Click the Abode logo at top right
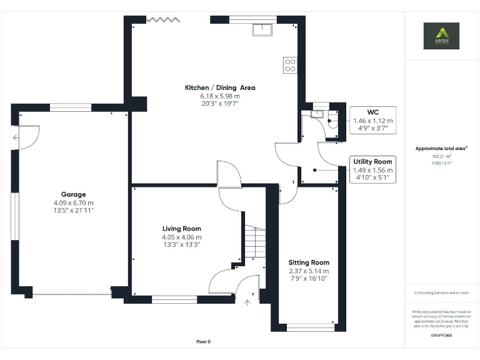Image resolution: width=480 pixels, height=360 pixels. (x=441, y=36)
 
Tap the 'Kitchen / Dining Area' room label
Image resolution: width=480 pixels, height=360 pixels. (x=220, y=87)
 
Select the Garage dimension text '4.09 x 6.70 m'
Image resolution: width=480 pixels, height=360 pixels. (x=74, y=202)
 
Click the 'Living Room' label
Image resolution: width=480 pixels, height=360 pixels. (x=182, y=229)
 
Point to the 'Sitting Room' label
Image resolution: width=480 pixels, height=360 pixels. (x=309, y=262)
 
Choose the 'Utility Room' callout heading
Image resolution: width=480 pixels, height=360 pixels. (x=372, y=161)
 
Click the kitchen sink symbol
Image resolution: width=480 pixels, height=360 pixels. (x=261, y=29)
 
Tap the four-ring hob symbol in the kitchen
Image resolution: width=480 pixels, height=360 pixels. (x=289, y=65)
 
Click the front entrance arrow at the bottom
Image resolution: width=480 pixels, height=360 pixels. (x=247, y=304)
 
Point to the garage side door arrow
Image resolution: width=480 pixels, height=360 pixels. (x=16, y=138)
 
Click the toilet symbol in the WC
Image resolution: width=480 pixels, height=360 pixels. (x=332, y=122)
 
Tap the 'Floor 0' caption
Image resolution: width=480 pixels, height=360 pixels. (x=203, y=342)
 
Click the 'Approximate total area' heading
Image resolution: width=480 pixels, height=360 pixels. (x=441, y=148)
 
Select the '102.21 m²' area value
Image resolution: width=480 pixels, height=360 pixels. (x=441, y=156)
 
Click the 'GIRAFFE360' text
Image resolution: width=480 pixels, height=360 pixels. (x=441, y=336)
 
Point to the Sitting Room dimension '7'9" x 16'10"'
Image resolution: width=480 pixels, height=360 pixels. (x=309, y=279)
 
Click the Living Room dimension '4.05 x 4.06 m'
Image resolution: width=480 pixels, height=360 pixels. (x=182, y=237)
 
